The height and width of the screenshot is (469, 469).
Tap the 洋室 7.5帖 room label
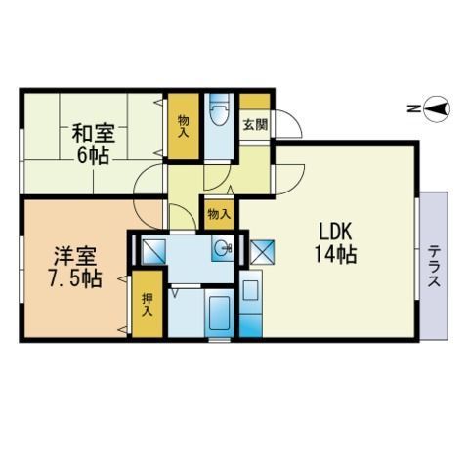[x=75, y=268]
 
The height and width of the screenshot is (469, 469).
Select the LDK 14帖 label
[x=335, y=243]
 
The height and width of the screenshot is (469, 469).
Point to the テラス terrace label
[x=435, y=267]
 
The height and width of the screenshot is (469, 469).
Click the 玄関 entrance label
[x=256, y=124]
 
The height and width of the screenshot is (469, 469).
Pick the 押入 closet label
[x=148, y=305]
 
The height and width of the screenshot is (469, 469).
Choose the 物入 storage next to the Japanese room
[x=184, y=126]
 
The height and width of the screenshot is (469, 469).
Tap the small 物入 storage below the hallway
[x=219, y=214]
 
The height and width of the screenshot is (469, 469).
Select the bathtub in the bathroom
[x=219, y=313]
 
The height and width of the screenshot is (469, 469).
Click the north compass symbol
[x=437, y=109]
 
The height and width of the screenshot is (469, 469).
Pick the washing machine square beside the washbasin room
[x=154, y=251]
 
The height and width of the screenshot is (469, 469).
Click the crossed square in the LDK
[x=262, y=251]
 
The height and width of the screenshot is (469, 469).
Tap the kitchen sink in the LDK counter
[x=251, y=290]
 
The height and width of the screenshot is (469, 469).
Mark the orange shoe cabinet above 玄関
[x=255, y=102]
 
